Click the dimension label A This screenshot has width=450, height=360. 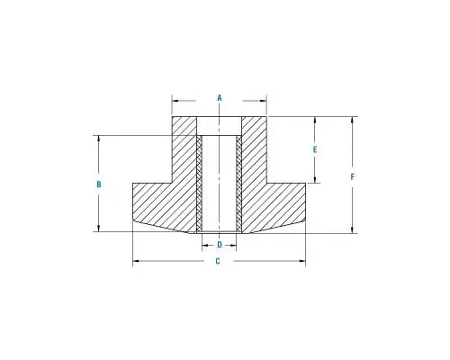pos(220,98)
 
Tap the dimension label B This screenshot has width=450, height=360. pos(99,184)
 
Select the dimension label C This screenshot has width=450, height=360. pos(218,261)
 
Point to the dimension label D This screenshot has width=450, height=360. pos(220,245)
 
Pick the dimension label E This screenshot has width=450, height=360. pos(315,149)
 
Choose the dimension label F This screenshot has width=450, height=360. pos(353,176)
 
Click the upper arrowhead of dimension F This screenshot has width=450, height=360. pos(353,120)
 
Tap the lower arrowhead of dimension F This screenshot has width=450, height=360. pos(353,229)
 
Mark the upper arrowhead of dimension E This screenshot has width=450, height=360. pos(315,120)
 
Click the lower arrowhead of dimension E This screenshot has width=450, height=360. pos(315,179)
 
